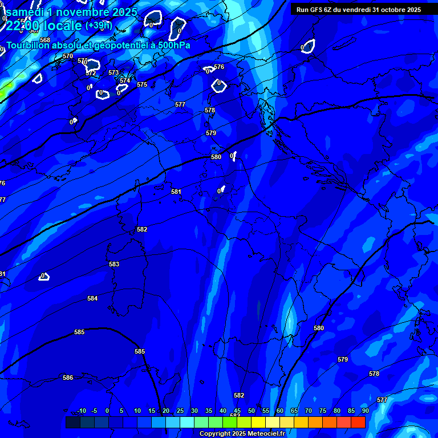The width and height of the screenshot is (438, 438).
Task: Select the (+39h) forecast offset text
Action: pyautogui.click(x=99, y=26)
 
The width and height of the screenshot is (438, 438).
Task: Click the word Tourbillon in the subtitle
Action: pyautogui.click(x=28, y=45)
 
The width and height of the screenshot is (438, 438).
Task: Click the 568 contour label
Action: pyautogui.click(x=45, y=40)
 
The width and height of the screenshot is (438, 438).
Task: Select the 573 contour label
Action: pyautogui.click(x=113, y=73)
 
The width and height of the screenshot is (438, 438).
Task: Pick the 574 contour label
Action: pyautogui.click(x=125, y=80)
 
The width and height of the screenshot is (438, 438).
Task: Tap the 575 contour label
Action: pyautogui.click(x=142, y=85)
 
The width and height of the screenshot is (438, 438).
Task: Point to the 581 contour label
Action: pyautogui.click(x=176, y=192)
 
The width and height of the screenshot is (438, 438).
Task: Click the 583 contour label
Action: pyautogui.click(x=114, y=265)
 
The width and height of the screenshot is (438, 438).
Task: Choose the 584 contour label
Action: pyautogui.click(x=92, y=299)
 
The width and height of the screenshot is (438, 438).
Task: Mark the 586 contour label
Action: pyautogui.click(x=68, y=378)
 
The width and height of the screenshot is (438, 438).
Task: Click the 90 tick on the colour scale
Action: pyautogui.click(x=365, y=411)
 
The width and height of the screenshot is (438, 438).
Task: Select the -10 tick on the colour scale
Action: pyautogui.click(x=82, y=411)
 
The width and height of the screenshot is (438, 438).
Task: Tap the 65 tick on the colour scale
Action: pyautogui.click(x=294, y=411)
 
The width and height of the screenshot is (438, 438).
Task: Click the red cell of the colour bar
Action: pyautogui.click(x=358, y=422)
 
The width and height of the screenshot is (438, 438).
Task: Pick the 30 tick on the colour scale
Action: pyautogui.click(x=194, y=411)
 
